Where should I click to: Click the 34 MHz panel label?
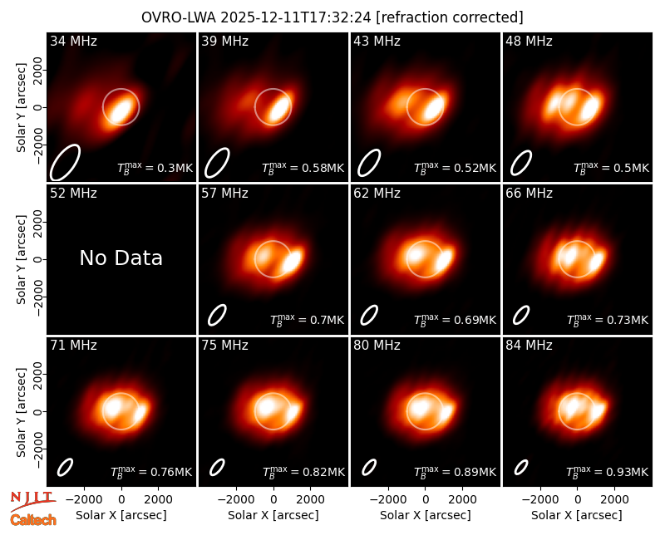[73, 41]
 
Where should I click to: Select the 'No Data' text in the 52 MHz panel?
[121, 258]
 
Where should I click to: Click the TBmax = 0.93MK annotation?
[608, 471]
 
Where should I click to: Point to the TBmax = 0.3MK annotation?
[155, 167]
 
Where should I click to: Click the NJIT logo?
[33, 501]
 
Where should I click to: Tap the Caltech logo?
[33, 520]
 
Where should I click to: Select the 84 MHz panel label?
[529, 345]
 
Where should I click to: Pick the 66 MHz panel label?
[529, 194]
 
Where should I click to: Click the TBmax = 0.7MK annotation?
[307, 319]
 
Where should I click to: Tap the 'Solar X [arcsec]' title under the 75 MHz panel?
[273, 515]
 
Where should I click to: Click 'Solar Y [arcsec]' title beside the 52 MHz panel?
[21, 259]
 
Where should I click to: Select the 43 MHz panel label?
[377, 41]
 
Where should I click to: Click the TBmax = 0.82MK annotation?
[303, 471]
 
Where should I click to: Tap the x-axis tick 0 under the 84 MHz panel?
[577, 500]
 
